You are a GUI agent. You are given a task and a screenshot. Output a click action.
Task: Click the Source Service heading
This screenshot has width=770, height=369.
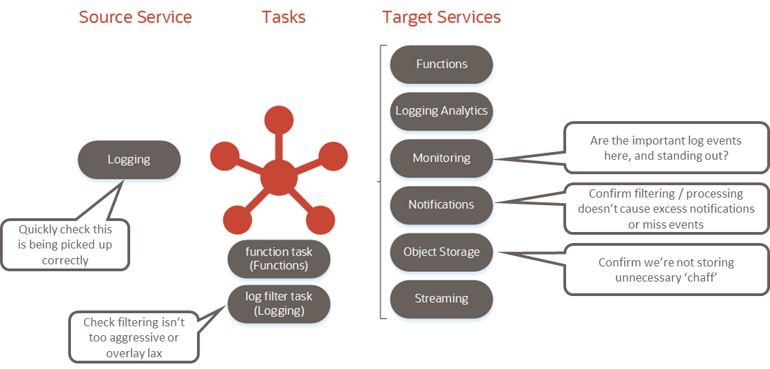(135, 17)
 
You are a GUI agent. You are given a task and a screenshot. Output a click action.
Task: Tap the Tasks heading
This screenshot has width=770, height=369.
(283, 17)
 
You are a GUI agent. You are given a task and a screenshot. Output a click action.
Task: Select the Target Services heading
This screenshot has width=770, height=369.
(441, 17)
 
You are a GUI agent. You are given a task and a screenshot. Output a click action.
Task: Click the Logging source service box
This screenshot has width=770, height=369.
(129, 160)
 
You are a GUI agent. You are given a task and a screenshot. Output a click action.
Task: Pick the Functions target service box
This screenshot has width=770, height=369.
(441, 64)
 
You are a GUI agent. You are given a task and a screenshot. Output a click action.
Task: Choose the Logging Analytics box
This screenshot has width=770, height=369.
(441, 111)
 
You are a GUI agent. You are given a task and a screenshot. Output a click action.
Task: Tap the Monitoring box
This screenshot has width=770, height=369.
(441, 158)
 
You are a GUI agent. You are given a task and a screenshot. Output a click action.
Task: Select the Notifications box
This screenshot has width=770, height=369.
(441, 204)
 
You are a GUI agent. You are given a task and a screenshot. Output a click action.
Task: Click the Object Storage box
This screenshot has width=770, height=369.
(441, 251)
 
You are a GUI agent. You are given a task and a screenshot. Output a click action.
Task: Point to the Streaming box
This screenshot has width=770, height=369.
(441, 299)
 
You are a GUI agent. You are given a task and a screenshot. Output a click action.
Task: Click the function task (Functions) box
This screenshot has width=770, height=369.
(279, 259)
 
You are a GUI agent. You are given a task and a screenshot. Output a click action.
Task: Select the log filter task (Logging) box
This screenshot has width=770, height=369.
(279, 304)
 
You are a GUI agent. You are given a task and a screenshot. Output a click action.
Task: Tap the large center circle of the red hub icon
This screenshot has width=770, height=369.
(279, 177)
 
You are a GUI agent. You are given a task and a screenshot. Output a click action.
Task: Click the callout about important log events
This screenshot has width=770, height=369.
(665, 147)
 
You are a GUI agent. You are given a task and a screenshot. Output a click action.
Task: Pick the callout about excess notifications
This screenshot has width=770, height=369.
(665, 209)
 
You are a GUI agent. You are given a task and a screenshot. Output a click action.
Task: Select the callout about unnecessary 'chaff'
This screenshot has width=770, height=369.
(665, 268)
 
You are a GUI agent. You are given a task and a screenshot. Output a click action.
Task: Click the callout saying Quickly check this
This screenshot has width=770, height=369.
(65, 244)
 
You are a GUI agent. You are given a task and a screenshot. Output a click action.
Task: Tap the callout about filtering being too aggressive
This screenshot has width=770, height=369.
(134, 337)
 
